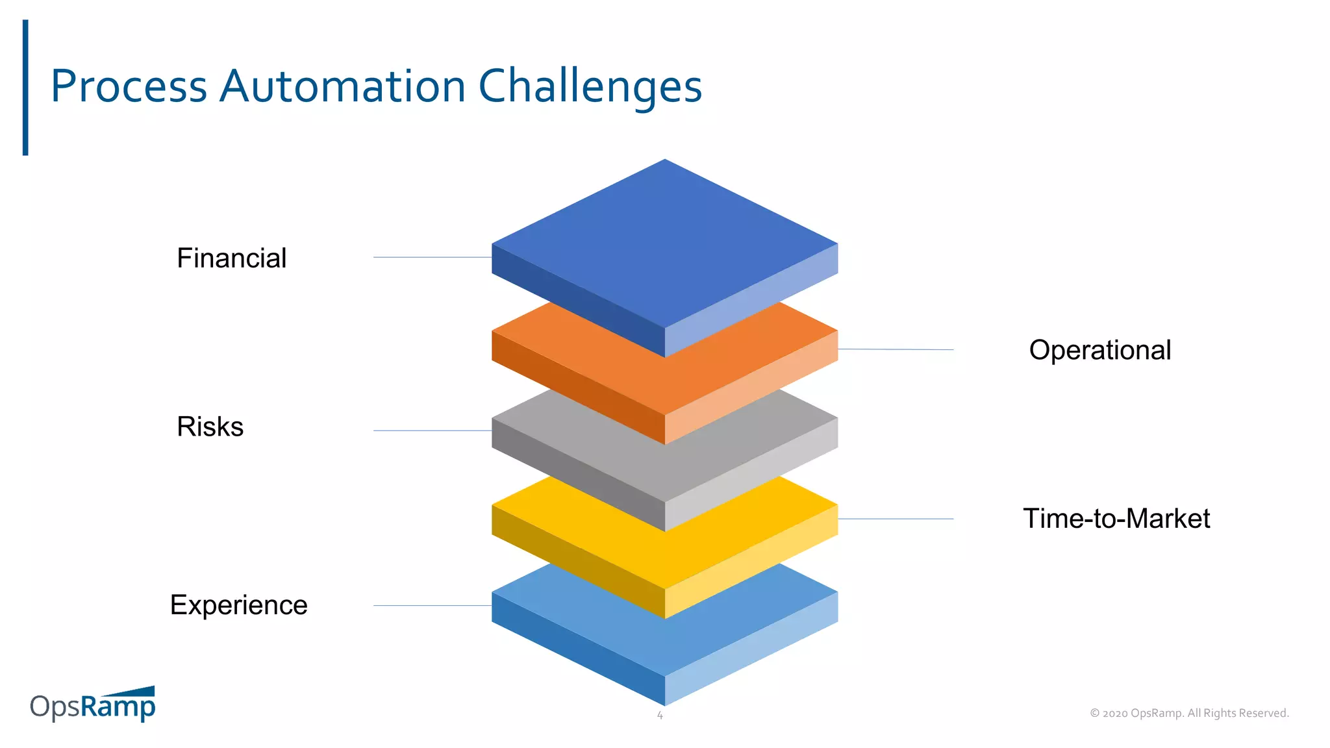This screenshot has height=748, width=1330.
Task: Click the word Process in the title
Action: [129, 86]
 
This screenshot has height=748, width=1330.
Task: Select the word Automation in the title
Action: [342, 86]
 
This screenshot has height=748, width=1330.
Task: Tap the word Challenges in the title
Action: [590, 88]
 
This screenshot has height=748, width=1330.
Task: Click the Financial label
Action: [231, 258]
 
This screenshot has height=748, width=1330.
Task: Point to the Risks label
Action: [210, 427]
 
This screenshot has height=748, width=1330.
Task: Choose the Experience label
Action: [238, 605]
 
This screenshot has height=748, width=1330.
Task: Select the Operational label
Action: [1099, 351]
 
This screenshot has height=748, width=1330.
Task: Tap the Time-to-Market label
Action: [1116, 519]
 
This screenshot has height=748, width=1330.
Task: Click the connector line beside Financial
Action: [432, 258]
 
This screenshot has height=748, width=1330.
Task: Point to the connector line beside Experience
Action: [432, 606]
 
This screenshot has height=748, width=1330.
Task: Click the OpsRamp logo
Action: [93, 704]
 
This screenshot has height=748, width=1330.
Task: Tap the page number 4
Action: [660, 716]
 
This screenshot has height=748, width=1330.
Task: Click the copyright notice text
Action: [1189, 713]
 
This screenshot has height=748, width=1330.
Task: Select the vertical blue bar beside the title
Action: [25, 88]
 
